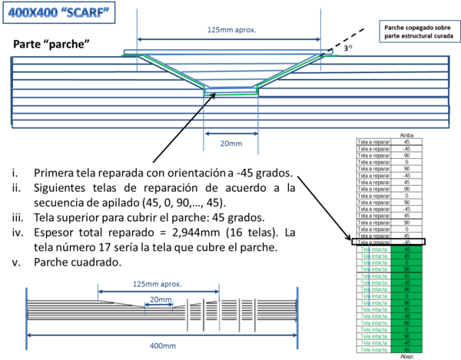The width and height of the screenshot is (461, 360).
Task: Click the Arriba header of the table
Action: (406, 135)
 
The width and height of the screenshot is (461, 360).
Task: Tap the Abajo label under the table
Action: (406, 357)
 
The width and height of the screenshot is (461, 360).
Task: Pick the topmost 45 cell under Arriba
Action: (406, 142)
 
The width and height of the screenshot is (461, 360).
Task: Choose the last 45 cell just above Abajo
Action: (406, 349)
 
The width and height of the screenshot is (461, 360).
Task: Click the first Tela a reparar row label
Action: (374, 142)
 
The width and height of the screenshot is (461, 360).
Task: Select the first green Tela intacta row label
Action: (374, 249)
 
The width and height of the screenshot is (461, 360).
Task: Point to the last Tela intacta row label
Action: (374, 349)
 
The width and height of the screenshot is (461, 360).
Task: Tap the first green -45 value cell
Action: (406, 249)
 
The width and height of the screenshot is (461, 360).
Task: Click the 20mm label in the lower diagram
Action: (159, 299)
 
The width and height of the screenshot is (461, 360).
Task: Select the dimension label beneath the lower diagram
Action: (157, 345)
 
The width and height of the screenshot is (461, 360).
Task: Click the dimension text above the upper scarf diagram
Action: (230, 30)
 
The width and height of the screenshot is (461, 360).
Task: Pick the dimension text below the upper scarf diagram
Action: (230, 143)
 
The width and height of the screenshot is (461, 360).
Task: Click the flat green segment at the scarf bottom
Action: (235, 95)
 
